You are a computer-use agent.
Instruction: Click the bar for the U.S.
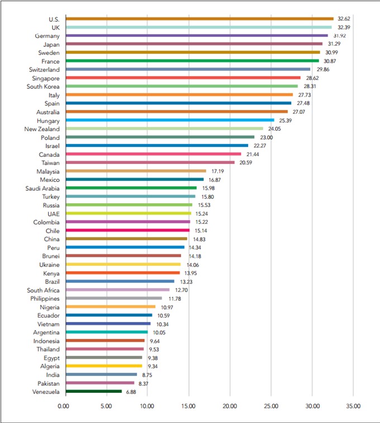click(x=198, y=18)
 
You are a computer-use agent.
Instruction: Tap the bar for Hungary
click(x=169, y=120)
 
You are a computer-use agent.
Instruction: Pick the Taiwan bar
click(x=149, y=162)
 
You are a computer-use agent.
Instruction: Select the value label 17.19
click(x=217, y=171)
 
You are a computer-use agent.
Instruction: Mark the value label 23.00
click(x=265, y=137)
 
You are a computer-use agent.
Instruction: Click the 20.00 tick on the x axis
click(x=230, y=406)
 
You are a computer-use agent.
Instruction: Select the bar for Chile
click(x=126, y=230)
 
